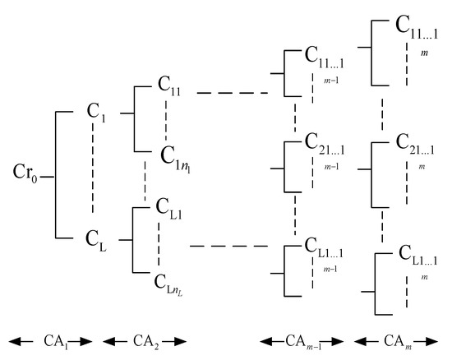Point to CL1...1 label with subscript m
coord(415,254)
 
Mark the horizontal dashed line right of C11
coord(233,94)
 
